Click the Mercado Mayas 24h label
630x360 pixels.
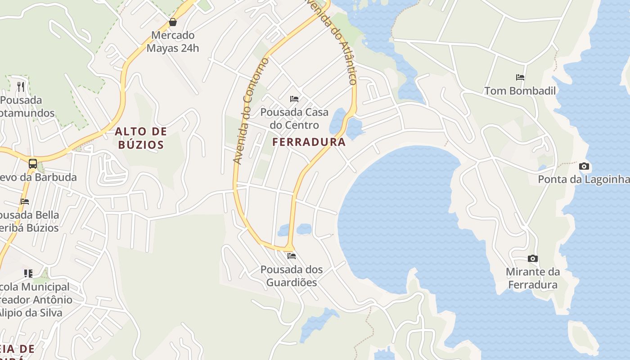coord(172,41)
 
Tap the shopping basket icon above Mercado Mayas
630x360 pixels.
coord(172,22)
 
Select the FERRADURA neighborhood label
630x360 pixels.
coord(309,142)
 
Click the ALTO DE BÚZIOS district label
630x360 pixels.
coord(141,138)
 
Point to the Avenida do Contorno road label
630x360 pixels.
coord(251,111)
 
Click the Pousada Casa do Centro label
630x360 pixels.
coord(294,118)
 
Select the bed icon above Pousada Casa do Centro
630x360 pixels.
coord(294,99)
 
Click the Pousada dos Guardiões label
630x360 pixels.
coord(292,276)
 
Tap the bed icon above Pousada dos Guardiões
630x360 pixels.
coord(292,256)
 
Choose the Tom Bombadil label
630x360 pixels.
coord(520,91)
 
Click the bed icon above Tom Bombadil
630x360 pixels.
coord(520,77)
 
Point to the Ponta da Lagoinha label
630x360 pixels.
coord(584,180)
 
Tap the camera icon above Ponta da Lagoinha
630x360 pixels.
coord(584,166)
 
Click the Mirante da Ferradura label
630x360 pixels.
coord(533,278)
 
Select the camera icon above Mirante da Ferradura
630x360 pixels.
coord(533,258)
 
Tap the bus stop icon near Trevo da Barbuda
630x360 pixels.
coord(33,164)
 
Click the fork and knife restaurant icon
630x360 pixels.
coord(21,86)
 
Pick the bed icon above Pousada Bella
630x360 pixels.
coord(25,202)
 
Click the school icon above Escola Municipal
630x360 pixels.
coord(28,273)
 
